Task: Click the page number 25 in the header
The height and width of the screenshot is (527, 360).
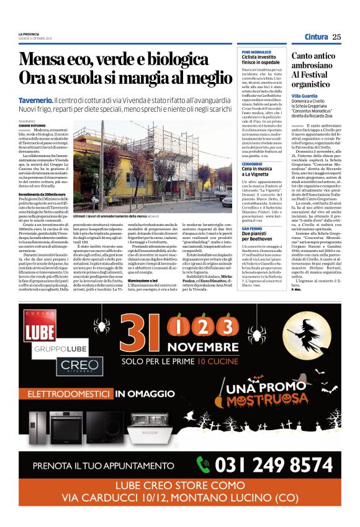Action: (x=336, y=37)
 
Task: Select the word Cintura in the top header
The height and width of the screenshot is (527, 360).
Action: (x=316, y=37)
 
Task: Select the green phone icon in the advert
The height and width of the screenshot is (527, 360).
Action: (x=204, y=464)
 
